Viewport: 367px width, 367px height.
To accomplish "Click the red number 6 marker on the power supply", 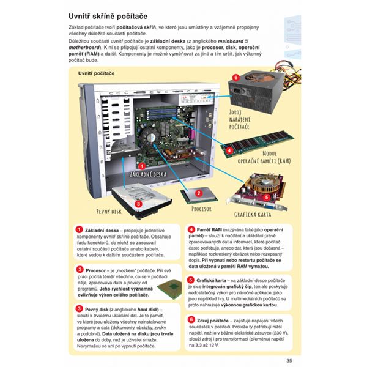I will coord(235,78).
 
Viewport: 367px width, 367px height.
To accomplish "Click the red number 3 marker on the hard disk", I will coord(139,204).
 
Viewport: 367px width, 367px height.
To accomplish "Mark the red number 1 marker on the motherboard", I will coord(143,165).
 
